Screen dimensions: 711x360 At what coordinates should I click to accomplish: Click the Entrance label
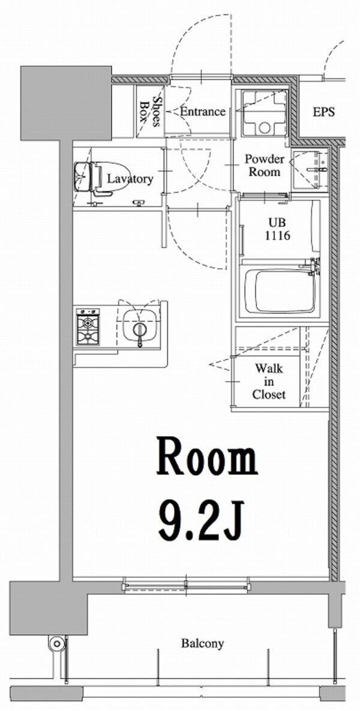click(x=203, y=112)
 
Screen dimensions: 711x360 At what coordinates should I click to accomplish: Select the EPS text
click(x=323, y=112)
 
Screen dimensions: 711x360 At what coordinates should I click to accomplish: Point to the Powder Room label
click(x=264, y=165)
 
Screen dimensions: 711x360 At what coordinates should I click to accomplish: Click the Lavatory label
click(x=130, y=179)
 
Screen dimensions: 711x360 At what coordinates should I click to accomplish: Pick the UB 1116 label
click(x=278, y=229)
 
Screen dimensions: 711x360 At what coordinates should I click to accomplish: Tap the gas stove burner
click(x=88, y=328)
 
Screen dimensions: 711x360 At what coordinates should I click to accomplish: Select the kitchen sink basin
click(x=140, y=326)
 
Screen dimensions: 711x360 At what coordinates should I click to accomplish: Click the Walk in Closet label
click(x=269, y=381)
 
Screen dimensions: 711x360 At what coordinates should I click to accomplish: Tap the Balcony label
click(x=202, y=644)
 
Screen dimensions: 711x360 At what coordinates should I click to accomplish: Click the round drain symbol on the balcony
click(x=57, y=644)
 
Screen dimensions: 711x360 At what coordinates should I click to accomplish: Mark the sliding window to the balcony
click(x=186, y=583)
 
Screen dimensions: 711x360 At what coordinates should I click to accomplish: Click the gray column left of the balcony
click(x=47, y=607)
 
